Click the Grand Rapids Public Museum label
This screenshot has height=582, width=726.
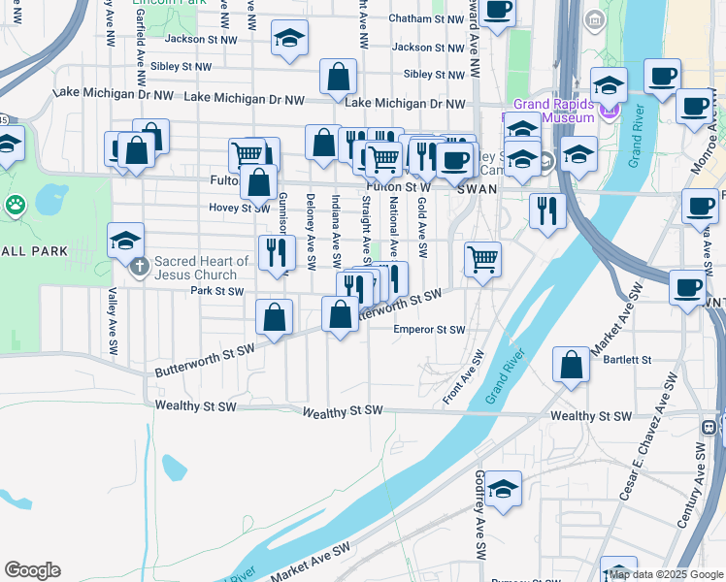pyautogui.click(x=554, y=111)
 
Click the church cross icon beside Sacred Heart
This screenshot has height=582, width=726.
pyautogui.click(x=140, y=265)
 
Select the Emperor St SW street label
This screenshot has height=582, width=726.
pyautogui.click(x=429, y=330)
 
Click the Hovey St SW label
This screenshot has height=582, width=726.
pyautogui.click(x=240, y=208)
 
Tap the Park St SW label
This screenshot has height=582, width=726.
pyautogui.click(x=216, y=290)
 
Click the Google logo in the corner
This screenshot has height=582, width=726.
pyautogui.click(x=32, y=570)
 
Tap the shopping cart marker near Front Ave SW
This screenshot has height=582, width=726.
pyautogui.click(x=482, y=259)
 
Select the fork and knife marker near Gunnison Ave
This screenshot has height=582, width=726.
pyautogui.click(x=277, y=252)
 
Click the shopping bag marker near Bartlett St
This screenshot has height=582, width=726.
pyautogui.click(x=572, y=365)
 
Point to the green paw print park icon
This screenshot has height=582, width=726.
pyautogui.click(x=16, y=205)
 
